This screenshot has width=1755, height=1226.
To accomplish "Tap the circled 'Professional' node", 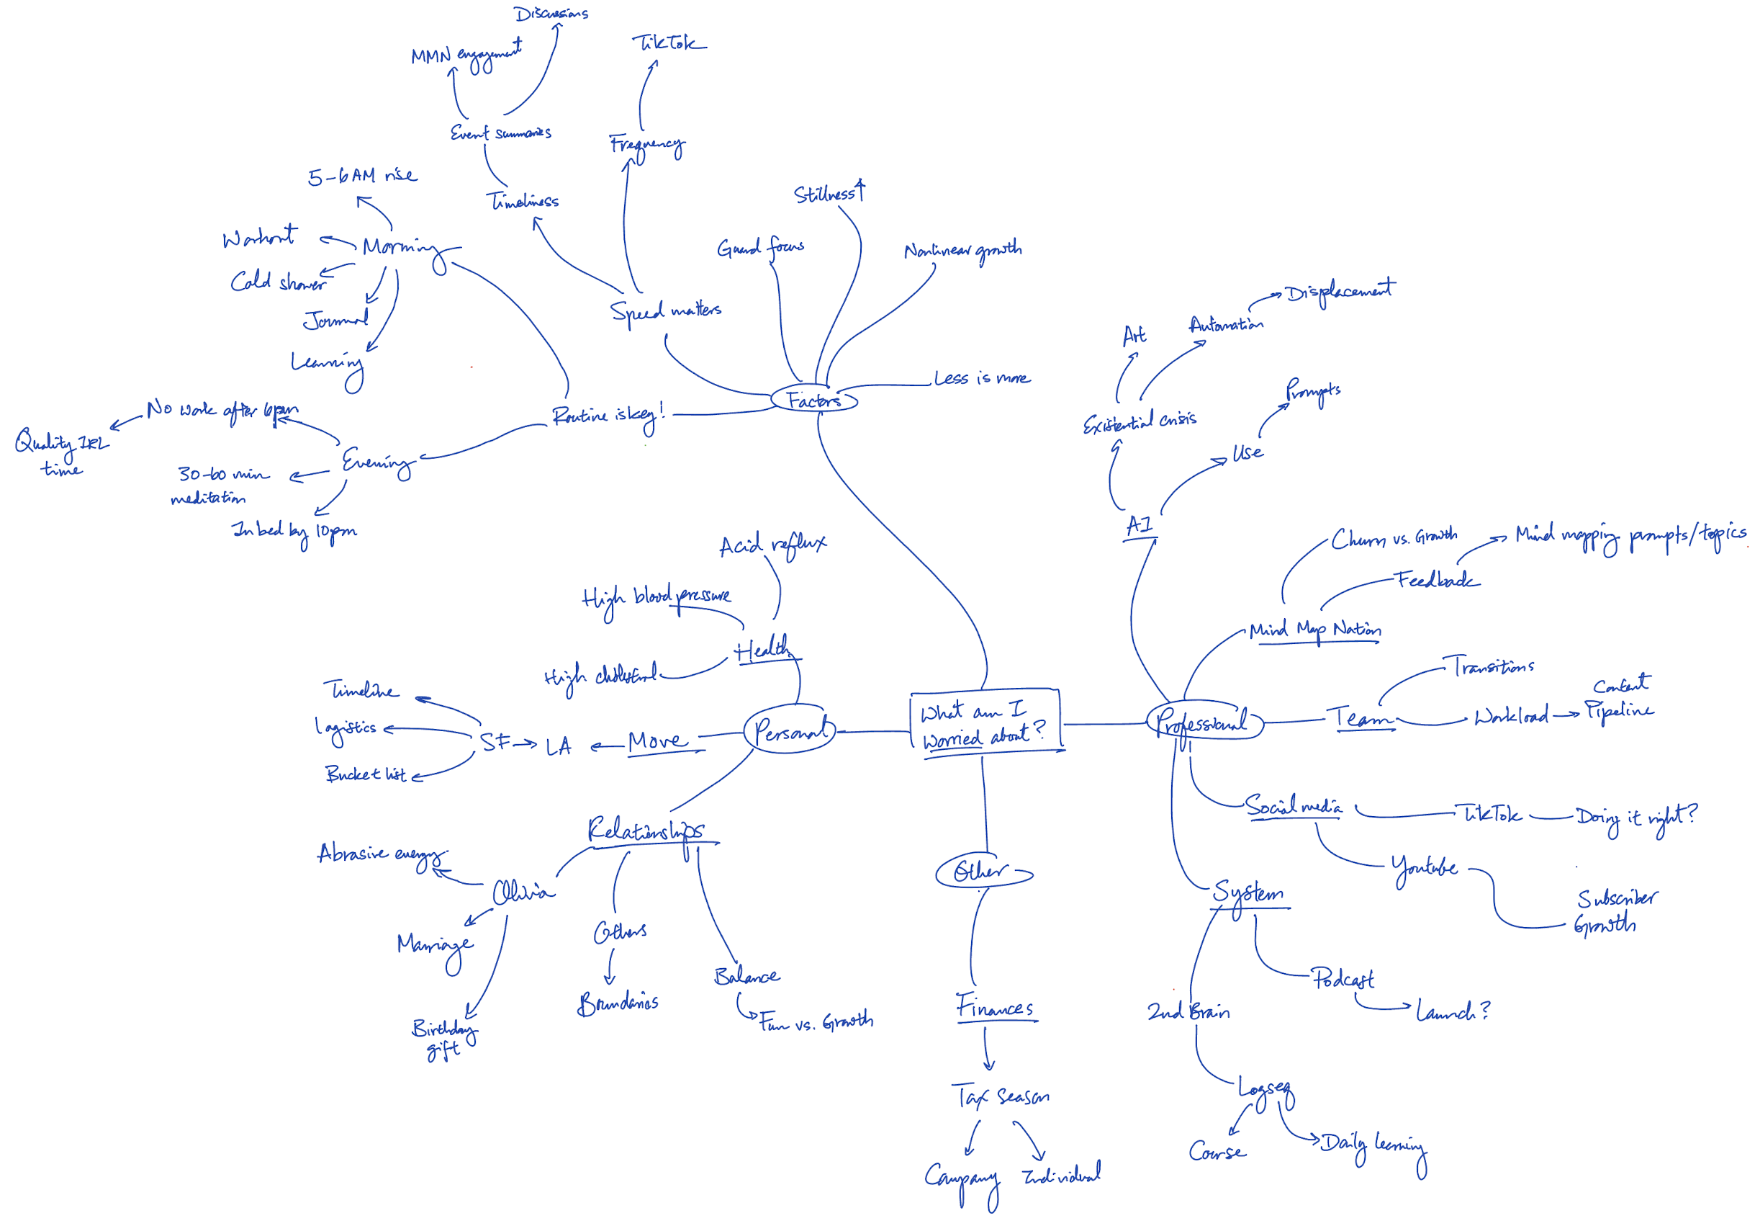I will click(1203, 720).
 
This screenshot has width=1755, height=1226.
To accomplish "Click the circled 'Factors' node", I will click(814, 400).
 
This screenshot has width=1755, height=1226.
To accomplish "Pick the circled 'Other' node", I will click(981, 871).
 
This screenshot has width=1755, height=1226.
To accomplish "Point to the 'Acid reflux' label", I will click(772, 545).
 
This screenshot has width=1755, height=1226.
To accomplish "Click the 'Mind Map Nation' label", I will click(1314, 630).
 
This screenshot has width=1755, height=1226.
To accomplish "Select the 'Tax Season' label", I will click(1001, 1097).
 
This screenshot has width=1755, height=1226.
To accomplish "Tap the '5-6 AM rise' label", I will click(362, 176).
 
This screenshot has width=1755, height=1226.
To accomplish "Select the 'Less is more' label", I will click(981, 379).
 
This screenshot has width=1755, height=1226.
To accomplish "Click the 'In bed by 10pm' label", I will click(294, 531).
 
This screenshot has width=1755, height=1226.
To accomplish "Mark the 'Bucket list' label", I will click(366, 774).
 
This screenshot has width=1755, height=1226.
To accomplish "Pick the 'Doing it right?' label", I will click(1635, 818).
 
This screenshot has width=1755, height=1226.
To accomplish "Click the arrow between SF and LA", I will click(525, 743).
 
